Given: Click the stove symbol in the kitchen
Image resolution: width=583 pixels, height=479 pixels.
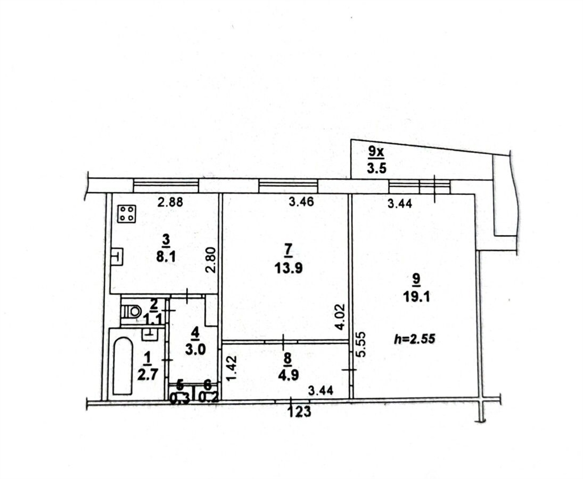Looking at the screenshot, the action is point(126,214).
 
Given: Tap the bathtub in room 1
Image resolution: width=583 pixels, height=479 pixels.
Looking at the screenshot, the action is point(123,366).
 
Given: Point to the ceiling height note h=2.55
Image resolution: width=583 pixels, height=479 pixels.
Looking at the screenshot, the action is point(414,339).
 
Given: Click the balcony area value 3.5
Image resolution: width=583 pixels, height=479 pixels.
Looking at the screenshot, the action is point(377,168).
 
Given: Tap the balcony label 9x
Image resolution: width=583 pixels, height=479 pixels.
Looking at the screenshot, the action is point(376,152).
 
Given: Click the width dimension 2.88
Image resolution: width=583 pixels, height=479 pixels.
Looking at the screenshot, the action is point(170,202).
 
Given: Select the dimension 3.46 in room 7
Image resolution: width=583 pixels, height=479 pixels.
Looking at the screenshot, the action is point(302,202).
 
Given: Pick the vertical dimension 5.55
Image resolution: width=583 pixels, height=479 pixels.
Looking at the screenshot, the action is point(362,345).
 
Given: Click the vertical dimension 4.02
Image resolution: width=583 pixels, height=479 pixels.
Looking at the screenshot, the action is point(340,317).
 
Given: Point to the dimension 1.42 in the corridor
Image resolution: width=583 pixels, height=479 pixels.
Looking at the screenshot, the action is point(232,368).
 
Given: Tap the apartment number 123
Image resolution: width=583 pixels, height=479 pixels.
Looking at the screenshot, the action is point(299,412).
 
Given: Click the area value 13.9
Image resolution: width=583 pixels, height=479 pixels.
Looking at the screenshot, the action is point(289,268).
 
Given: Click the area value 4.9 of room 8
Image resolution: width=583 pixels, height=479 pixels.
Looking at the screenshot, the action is point(289,375).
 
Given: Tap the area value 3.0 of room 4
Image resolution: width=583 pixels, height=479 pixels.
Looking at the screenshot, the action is point(195,350).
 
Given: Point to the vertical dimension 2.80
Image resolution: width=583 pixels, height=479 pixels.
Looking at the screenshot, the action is point(211,260).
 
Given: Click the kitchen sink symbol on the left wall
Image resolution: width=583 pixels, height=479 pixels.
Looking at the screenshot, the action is point(117,256).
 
